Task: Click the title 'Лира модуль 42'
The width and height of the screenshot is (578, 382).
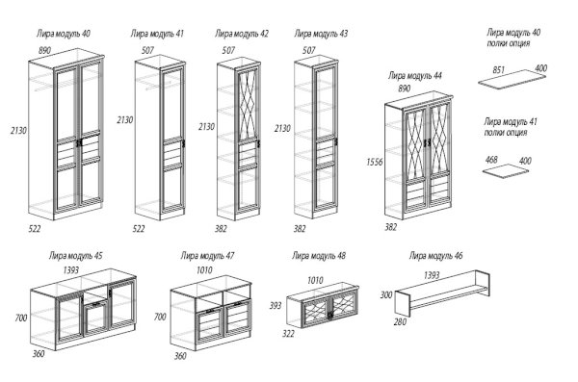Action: (242, 34)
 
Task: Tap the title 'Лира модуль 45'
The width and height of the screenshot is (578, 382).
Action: (76, 256)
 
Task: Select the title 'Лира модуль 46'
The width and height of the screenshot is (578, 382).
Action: (435, 256)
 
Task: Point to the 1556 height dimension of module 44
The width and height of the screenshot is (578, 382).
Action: (374, 162)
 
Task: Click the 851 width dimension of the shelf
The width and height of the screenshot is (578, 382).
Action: (498, 69)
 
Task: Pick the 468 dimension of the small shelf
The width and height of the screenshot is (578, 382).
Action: (491, 160)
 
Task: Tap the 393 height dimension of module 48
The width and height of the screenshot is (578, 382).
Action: (276, 305)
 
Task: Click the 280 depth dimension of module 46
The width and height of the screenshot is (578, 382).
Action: (400, 322)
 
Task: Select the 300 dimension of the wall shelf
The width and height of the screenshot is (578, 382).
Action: (386, 294)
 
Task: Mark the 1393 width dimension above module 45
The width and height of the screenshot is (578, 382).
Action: (70, 270)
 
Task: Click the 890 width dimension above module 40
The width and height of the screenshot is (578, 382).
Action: (44, 50)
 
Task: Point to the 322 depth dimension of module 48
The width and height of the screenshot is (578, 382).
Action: (288, 333)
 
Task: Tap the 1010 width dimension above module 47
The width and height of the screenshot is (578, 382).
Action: (204, 270)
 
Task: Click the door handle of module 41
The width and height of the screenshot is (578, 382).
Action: (183, 143)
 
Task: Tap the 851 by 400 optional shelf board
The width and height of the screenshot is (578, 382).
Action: (512, 80)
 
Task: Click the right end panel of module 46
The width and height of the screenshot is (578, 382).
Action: (484, 284)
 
